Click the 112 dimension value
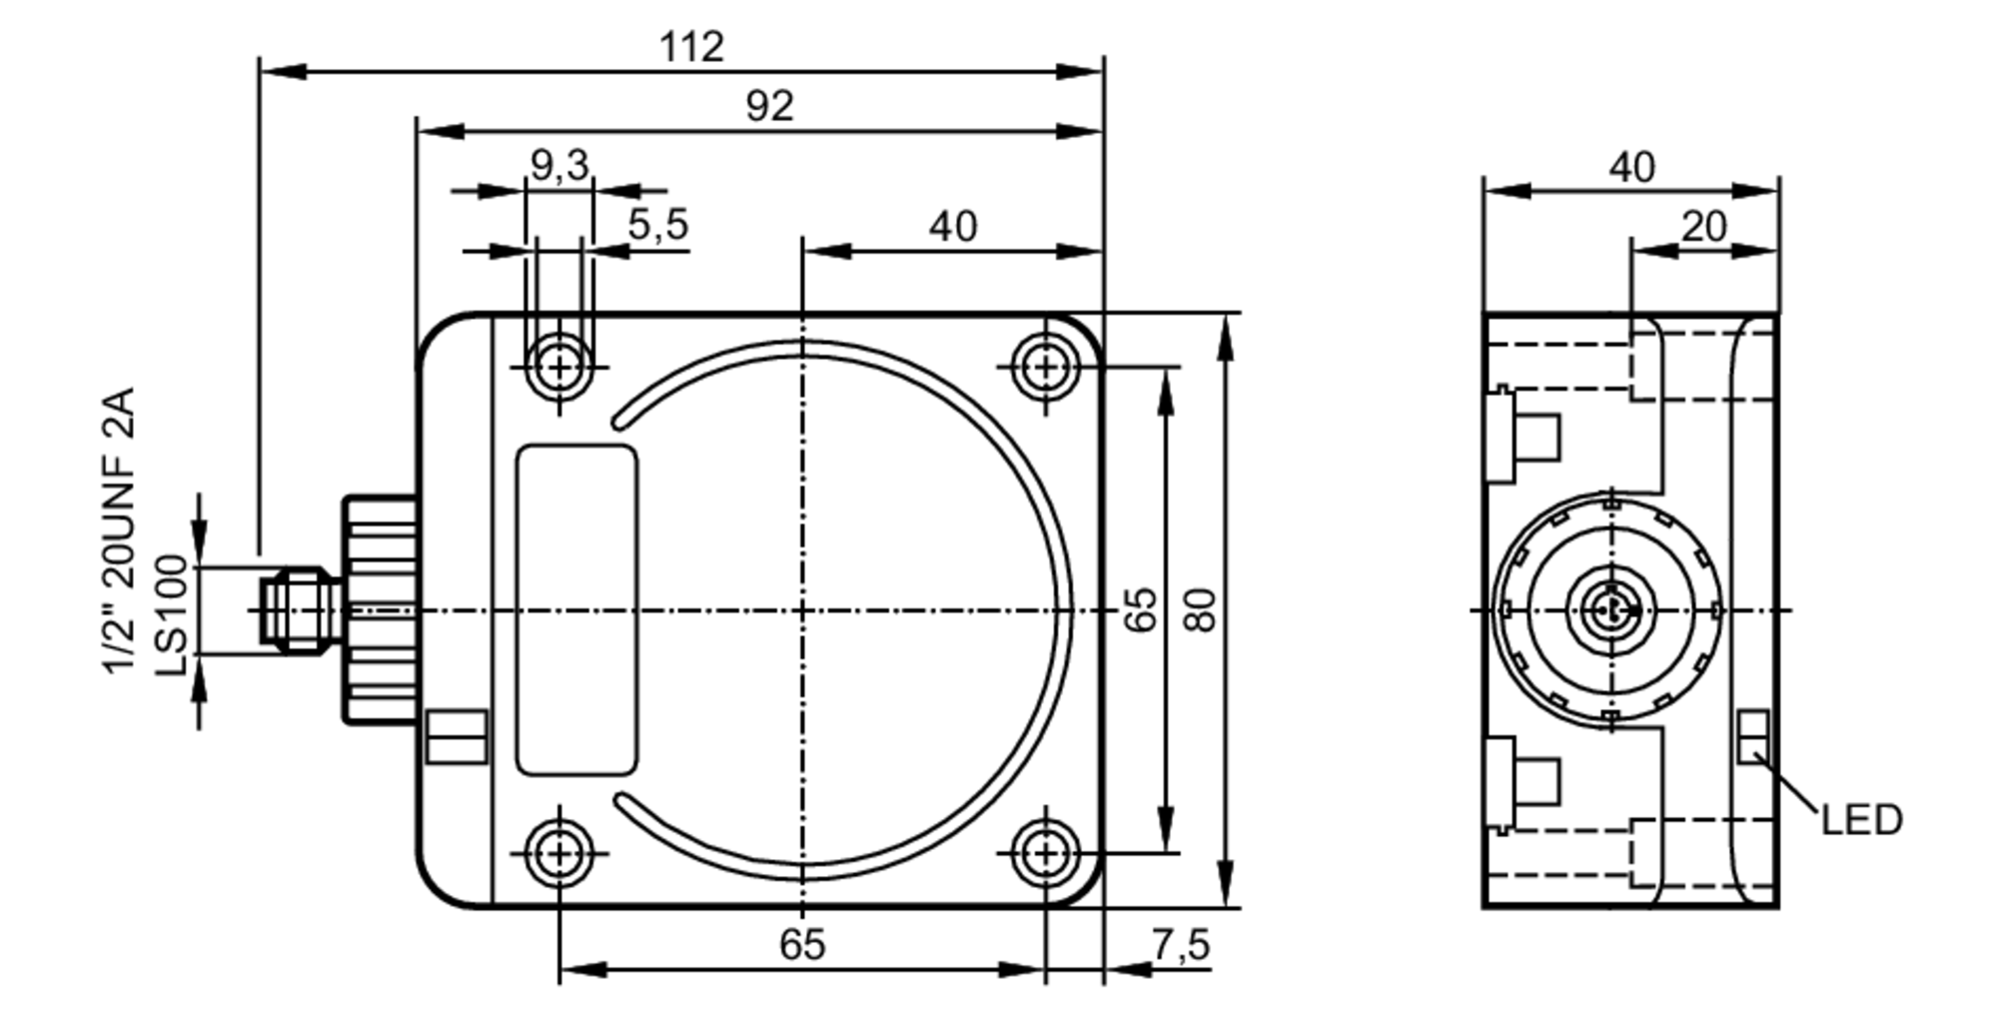coord(690,46)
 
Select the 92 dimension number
coord(768,106)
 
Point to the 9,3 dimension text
coord(558,165)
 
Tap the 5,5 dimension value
coord(657,225)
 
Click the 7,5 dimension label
coord(1180,944)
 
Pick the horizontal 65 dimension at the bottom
coord(802,944)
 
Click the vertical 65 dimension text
coord(1141,610)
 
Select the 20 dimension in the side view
coord(1702,227)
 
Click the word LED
coord(1861,820)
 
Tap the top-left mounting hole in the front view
coord(559,368)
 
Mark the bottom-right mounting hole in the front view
coord(1045,853)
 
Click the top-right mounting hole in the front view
coord(1045,368)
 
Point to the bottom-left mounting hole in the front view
coord(559,853)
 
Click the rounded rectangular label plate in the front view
coord(576,610)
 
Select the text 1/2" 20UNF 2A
coord(119,530)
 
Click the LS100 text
coord(172,615)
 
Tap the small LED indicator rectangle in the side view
coord(1753,736)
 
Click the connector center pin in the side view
coord(1609,609)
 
